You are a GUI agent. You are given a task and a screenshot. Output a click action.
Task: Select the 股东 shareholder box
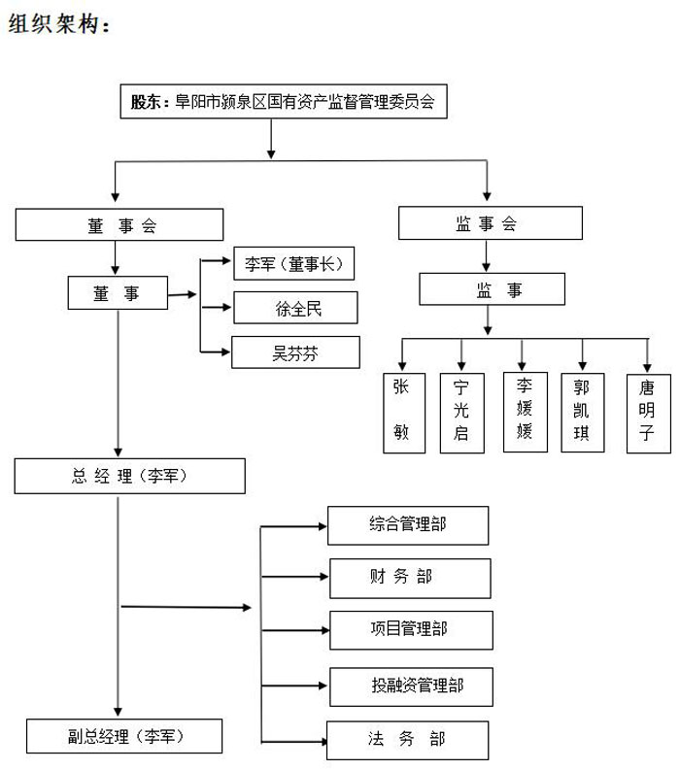pyautogui.click(x=284, y=100)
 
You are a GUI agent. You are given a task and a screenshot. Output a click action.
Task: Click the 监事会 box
pyautogui.click(x=491, y=223)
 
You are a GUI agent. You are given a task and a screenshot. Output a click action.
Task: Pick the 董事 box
pyautogui.click(x=117, y=293)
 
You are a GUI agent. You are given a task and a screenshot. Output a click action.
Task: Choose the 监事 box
pyautogui.click(x=492, y=289)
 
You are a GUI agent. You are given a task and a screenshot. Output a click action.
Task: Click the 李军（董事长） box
pyautogui.click(x=293, y=264)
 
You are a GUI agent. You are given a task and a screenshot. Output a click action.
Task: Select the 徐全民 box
pyautogui.click(x=295, y=308)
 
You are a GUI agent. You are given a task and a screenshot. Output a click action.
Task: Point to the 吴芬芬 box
pyautogui.click(x=295, y=352)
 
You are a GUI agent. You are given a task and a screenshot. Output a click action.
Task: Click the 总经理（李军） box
pyautogui.click(x=129, y=476)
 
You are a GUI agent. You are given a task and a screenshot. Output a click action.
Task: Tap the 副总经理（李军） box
pyautogui.click(x=124, y=736)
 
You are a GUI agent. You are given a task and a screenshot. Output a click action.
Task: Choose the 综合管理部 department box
pyautogui.click(x=407, y=525)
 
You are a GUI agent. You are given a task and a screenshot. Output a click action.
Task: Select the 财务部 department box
pyautogui.click(x=410, y=578)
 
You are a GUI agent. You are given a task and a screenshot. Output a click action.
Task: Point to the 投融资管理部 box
pyautogui.click(x=411, y=686)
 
